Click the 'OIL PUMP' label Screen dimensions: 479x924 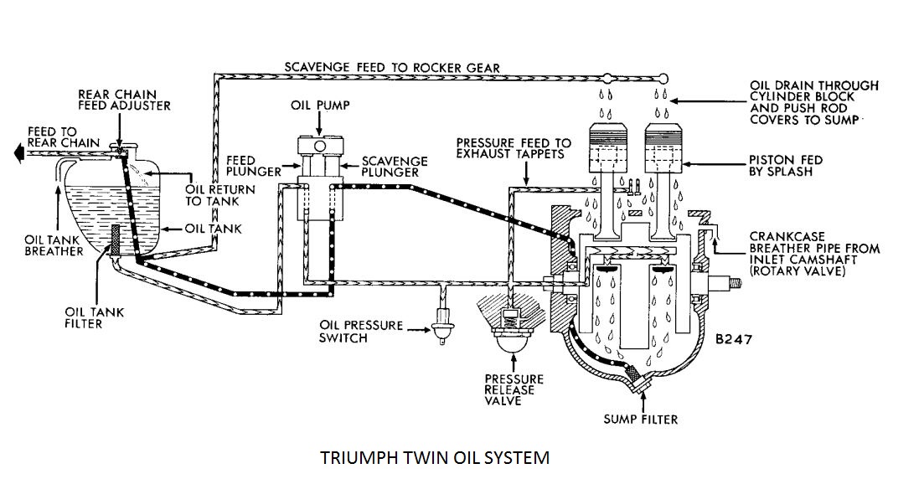(322, 106)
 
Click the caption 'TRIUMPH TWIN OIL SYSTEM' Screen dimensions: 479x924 (436, 458)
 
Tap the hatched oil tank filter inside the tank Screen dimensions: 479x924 (117, 239)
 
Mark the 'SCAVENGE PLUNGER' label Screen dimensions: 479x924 (395, 166)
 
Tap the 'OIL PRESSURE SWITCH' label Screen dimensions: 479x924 (361, 332)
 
